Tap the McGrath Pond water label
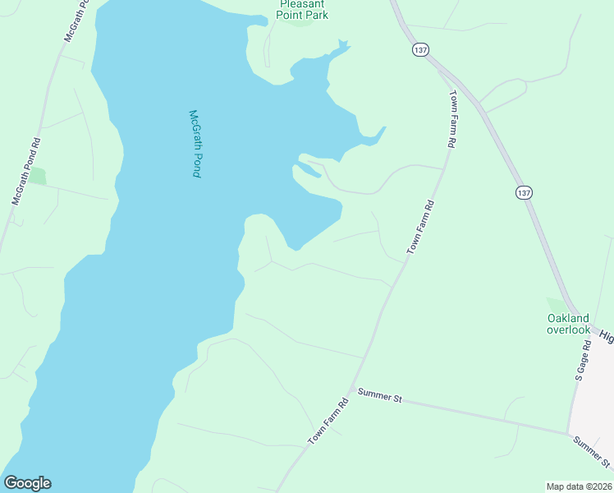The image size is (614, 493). (x=195, y=144)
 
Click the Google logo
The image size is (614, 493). (x=27, y=483)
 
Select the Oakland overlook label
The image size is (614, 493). (x=568, y=324)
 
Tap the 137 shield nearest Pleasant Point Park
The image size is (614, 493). (x=421, y=50)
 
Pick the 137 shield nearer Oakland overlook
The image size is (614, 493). (x=525, y=191)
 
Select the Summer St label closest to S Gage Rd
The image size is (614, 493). (x=592, y=451)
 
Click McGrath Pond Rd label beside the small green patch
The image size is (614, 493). (x=26, y=171)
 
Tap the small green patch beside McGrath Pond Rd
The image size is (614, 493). (x=37, y=176)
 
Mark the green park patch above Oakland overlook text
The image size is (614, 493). (x=557, y=305)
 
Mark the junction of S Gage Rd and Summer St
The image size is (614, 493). (x=568, y=433)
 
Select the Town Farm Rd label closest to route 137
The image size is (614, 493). (x=451, y=119)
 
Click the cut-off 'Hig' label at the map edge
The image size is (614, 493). (x=606, y=335)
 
